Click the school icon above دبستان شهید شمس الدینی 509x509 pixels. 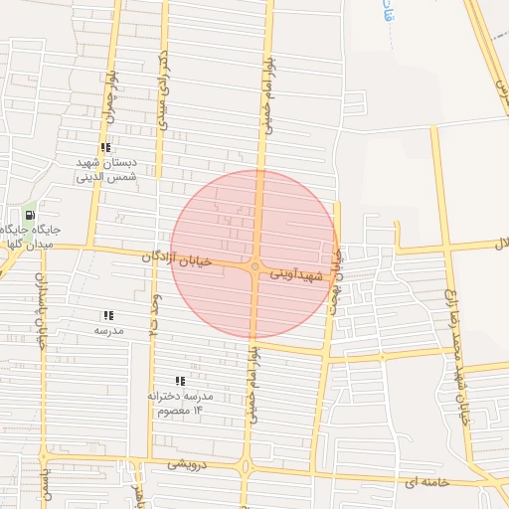[x=105, y=147]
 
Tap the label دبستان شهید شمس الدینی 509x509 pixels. [x=106, y=170]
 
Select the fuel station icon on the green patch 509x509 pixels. [x=31, y=215]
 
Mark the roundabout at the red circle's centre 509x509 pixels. [x=255, y=266]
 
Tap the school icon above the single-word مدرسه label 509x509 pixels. [x=107, y=315]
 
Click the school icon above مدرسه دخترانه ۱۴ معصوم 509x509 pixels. [x=180, y=381]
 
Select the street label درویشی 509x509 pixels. [x=187, y=464]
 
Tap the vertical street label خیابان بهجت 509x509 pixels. [x=337, y=282]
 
